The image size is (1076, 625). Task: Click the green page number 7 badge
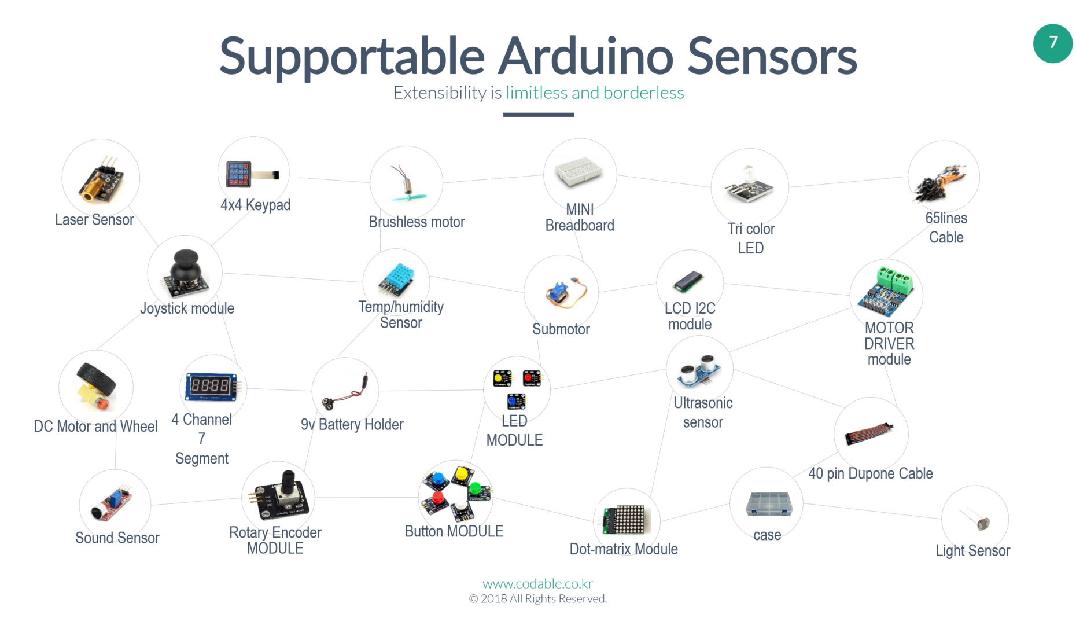1052,43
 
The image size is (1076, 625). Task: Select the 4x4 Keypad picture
253,174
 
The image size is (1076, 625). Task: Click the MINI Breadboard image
578,171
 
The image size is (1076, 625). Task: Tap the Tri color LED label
751,238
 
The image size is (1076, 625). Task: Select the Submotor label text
561,329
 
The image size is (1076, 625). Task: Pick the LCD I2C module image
688,281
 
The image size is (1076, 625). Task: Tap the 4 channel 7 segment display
211,386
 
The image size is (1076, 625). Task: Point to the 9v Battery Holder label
352,425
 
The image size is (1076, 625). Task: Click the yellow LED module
502,378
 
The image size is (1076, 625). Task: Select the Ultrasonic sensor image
699,370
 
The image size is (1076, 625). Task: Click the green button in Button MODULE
476,488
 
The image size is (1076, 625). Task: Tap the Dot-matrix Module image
627,519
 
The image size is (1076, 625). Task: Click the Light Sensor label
972,551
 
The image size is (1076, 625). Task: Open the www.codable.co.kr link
537,584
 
